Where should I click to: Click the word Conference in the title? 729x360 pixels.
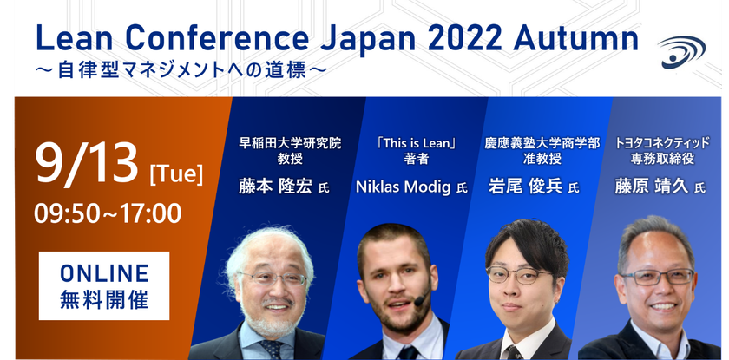point(218,39)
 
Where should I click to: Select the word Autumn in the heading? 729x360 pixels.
point(575,39)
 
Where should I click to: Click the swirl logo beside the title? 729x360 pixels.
point(681,52)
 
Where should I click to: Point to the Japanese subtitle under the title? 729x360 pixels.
point(181,71)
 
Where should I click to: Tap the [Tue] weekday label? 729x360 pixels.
point(176,175)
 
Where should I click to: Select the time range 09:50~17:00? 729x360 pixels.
point(108,213)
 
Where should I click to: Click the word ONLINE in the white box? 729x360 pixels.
point(104,272)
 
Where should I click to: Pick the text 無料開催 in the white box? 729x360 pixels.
point(104,300)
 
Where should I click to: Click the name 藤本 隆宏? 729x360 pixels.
point(275,187)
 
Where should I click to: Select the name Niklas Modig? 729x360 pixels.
point(403,187)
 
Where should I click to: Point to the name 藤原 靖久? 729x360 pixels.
point(651,187)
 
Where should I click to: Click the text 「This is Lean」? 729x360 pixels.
point(416,143)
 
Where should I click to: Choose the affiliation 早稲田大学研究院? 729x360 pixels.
point(290,142)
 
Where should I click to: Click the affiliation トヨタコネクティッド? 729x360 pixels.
point(662,142)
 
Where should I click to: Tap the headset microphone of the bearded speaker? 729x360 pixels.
point(421,299)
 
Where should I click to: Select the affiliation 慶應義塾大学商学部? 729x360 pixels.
point(542,142)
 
